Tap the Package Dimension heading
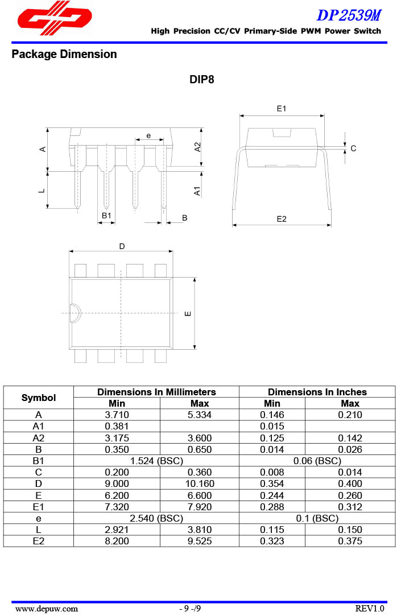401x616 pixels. click(x=64, y=55)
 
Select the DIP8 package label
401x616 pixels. click(x=202, y=80)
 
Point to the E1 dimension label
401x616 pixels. click(x=282, y=109)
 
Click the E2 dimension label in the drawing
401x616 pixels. click(x=282, y=219)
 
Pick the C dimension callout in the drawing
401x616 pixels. click(x=353, y=148)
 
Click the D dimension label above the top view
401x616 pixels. click(x=122, y=246)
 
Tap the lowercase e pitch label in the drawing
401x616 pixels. click(x=148, y=136)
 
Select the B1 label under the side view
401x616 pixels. click(x=106, y=216)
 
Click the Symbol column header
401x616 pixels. click(x=39, y=398)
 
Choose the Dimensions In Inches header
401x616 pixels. click(x=317, y=392)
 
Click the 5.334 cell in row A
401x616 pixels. click(x=199, y=415)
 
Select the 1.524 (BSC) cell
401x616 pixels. click(x=156, y=461)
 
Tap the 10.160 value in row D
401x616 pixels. click(x=199, y=483)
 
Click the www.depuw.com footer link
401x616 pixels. click(x=47, y=609)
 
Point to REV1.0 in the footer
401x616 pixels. click(x=370, y=609)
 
